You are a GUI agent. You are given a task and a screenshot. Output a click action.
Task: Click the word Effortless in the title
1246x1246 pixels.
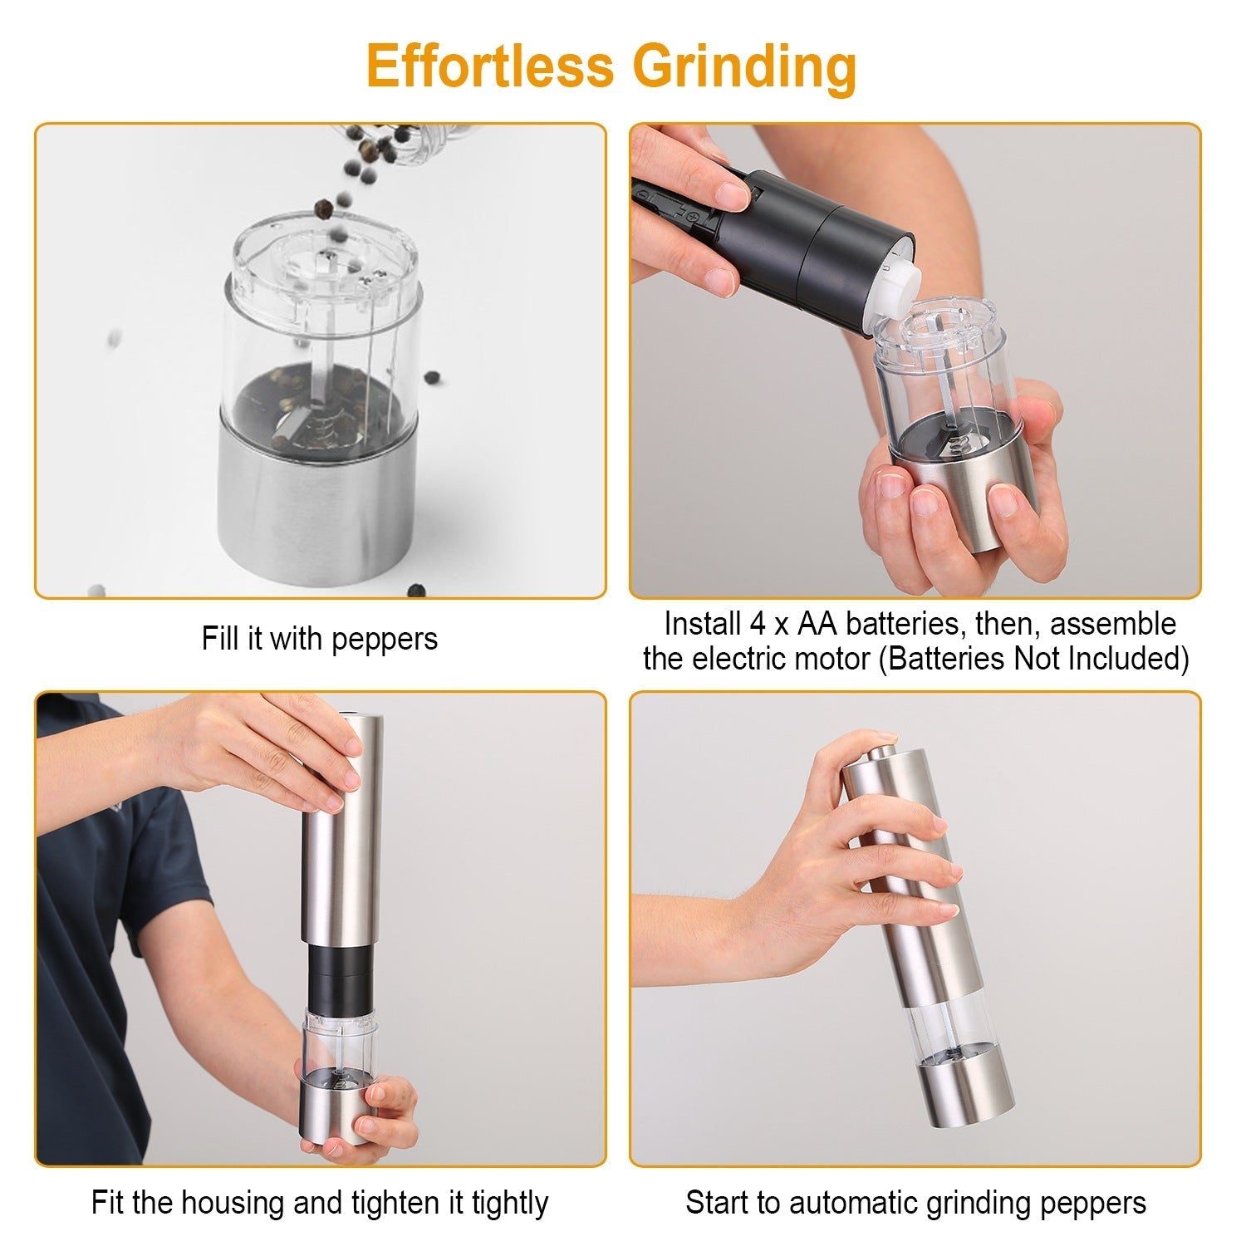492,66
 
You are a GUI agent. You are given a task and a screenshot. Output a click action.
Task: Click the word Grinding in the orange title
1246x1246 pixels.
744,66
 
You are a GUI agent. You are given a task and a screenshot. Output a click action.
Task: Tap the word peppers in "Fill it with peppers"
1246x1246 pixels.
384,639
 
